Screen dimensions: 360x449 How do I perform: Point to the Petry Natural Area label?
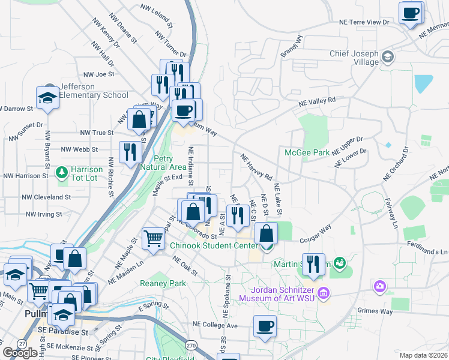point(162,163)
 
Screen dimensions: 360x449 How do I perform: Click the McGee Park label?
point(307,152)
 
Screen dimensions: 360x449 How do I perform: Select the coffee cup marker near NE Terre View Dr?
point(411,13)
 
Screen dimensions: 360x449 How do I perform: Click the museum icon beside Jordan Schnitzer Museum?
point(324,293)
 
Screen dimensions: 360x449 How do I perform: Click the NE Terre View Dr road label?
point(364,22)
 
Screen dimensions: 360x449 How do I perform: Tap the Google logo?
point(20,352)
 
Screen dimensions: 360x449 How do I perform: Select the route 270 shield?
point(191,345)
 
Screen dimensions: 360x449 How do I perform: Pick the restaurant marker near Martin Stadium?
point(313,263)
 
